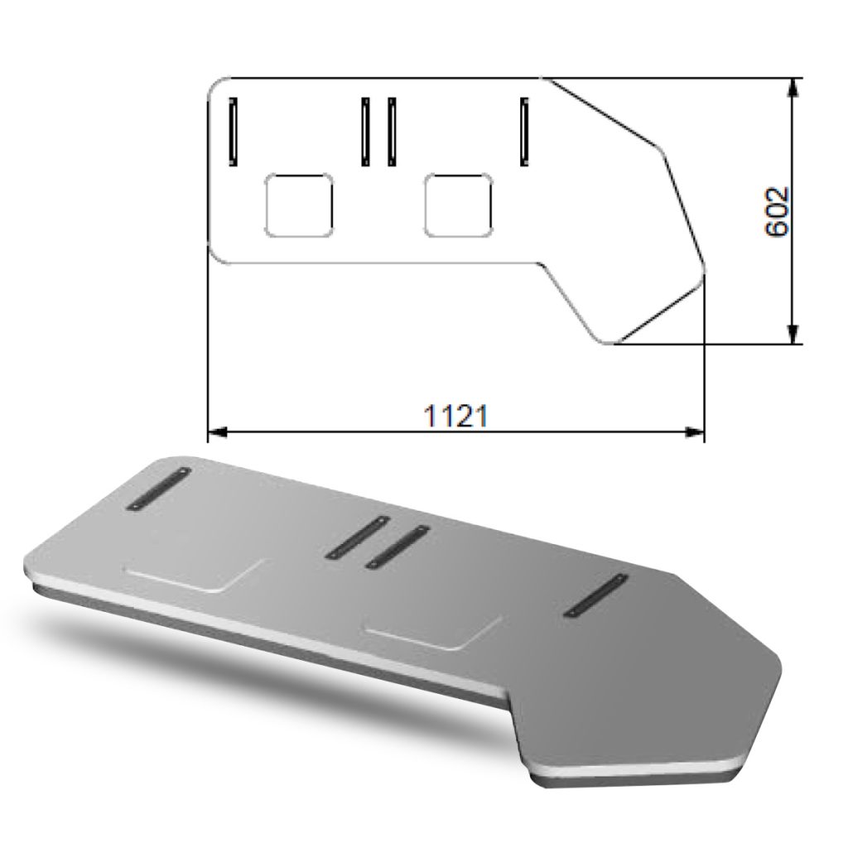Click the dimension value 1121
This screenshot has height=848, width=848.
click(x=455, y=416)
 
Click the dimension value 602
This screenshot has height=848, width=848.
click(x=777, y=212)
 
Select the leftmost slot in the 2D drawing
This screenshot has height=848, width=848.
click(x=234, y=131)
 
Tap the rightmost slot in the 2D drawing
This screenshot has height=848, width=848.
click(x=524, y=131)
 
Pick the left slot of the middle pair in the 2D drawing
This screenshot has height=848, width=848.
click(x=365, y=131)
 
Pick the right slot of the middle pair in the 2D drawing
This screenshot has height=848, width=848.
click(x=392, y=131)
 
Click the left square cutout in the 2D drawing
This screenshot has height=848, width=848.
click(x=298, y=205)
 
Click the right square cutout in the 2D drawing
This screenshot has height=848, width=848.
click(x=458, y=205)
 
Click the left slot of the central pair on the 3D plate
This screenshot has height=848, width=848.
click(x=357, y=537)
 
